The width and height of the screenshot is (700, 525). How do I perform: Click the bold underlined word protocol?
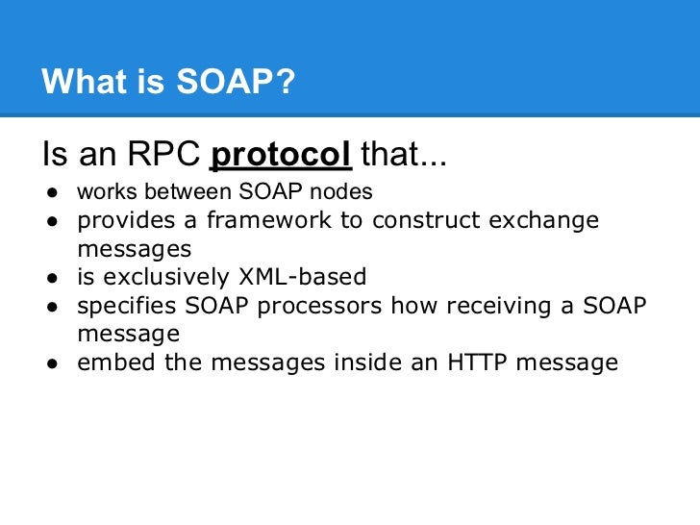280,154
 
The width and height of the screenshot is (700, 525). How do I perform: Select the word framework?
256,220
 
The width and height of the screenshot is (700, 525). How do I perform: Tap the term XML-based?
301,278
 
